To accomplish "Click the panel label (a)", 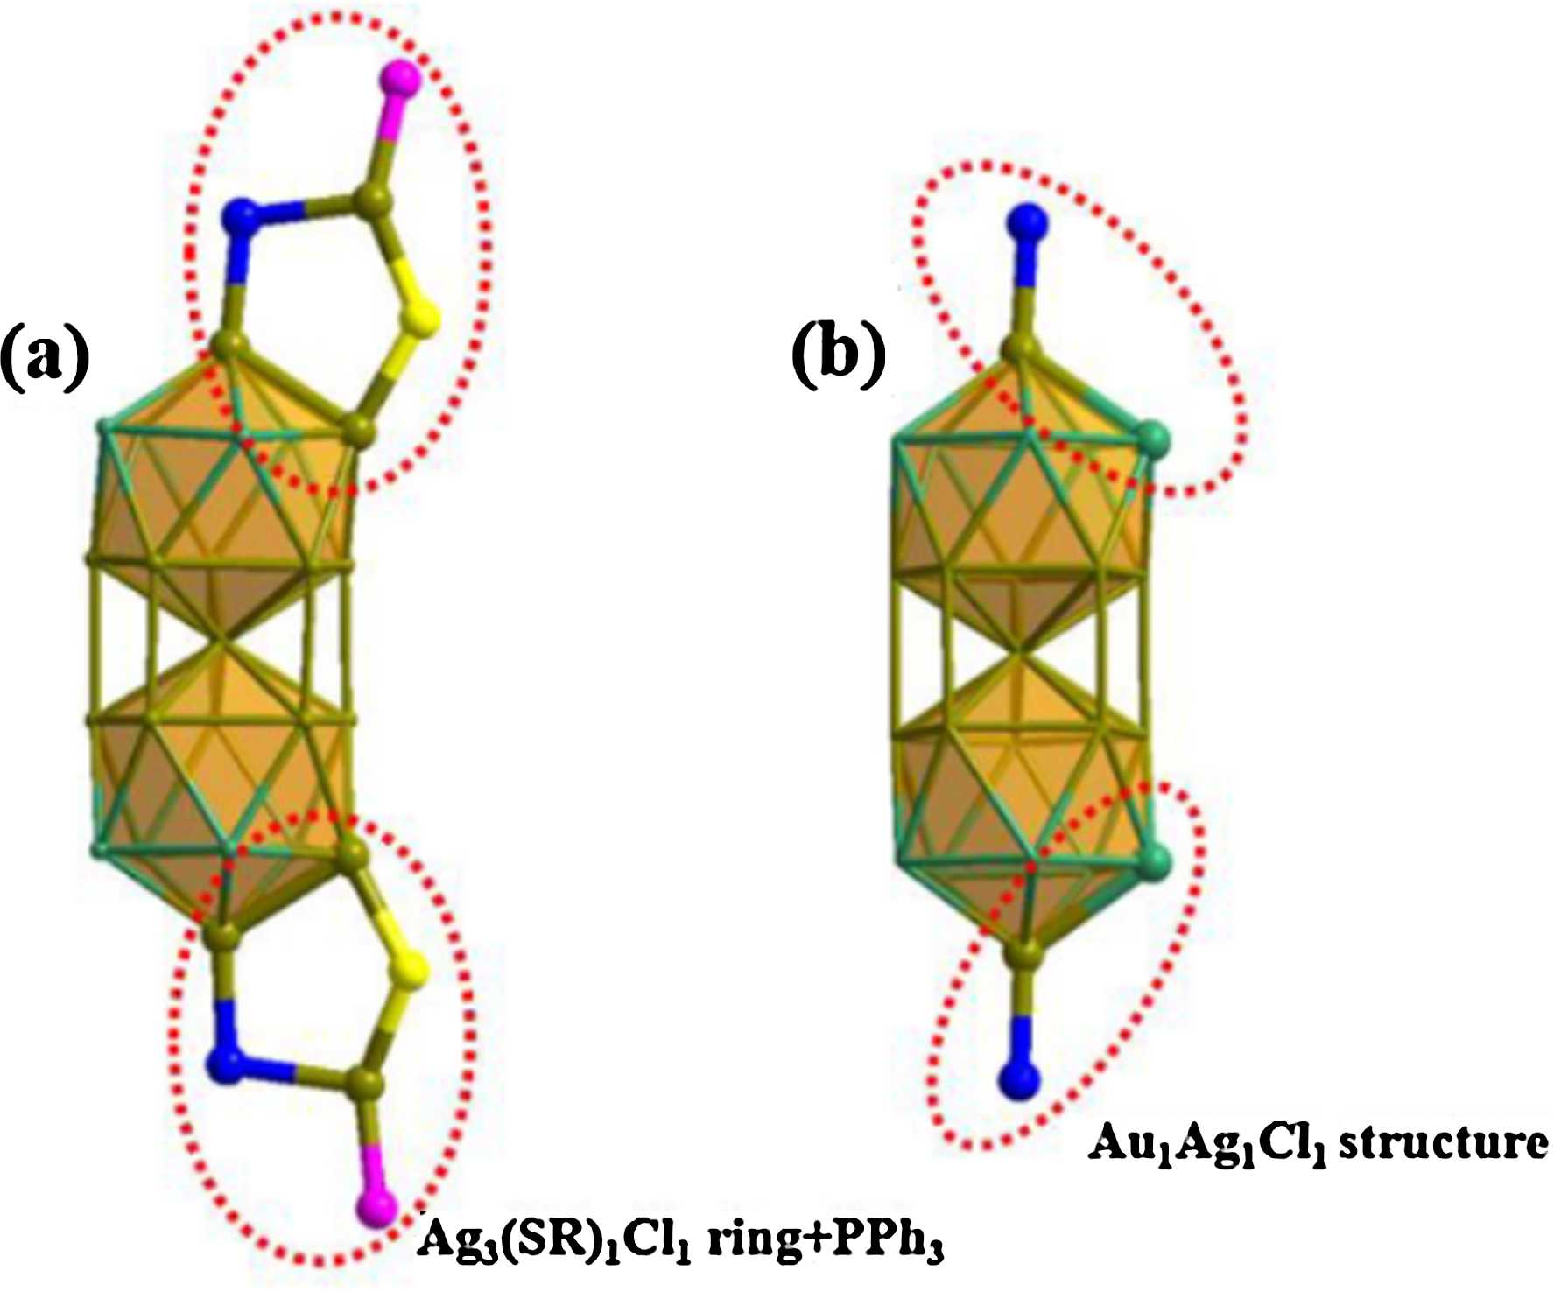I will point(46,357).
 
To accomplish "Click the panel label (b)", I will point(838,357).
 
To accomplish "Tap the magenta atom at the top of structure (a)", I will point(401,79).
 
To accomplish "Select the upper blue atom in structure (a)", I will point(242,216).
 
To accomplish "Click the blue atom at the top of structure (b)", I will point(1026,221).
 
